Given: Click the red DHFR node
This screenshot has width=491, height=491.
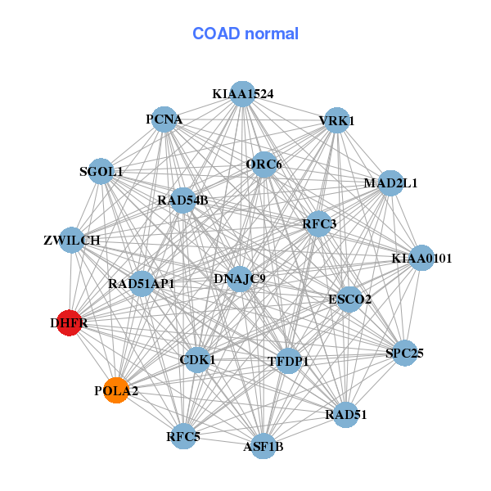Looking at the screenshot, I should click(70, 323).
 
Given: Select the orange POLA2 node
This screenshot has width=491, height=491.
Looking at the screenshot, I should click(116, 390).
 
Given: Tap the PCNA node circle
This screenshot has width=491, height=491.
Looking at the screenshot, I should click(164, 119).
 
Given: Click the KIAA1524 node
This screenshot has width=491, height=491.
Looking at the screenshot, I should click(242, 93).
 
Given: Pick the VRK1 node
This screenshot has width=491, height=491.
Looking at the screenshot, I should click(336, 121).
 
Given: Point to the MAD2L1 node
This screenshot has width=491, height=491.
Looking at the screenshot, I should click(390, 182).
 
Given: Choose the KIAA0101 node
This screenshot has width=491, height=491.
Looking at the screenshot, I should click(421, 259).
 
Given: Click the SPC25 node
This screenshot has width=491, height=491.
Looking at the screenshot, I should click(404, 354).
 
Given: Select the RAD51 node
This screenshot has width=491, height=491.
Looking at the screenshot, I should click(346, 414).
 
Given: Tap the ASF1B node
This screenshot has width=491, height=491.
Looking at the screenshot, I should click(263, 446).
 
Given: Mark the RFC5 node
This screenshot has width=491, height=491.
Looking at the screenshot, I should click(183, 437).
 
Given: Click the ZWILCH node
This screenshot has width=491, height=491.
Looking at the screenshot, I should click(72, 241).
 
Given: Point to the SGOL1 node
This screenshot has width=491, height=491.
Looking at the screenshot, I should click(101, 172).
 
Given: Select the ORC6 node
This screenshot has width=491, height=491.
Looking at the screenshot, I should click(264, 164).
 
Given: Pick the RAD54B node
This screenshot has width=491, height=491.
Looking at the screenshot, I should click(182, 200).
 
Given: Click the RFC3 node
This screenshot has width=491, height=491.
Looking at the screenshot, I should click(318, 223).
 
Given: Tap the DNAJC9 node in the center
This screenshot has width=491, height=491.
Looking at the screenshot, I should click(239, 279).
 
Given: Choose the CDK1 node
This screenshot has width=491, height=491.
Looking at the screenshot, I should click(197, 359).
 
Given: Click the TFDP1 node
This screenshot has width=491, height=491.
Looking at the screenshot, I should click(288, 360).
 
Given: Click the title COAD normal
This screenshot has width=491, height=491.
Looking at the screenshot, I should click(245, 34).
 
